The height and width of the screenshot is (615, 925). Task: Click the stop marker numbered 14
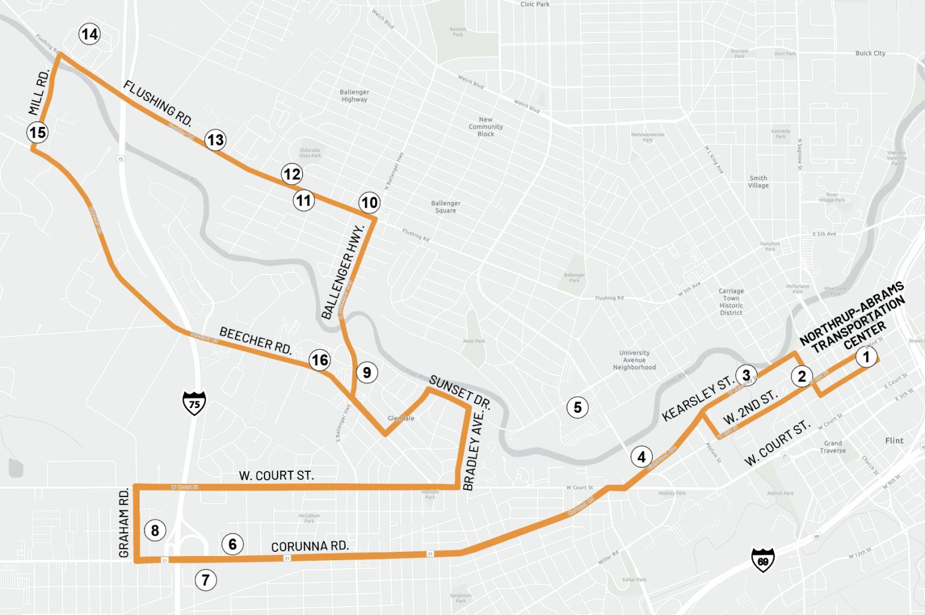(x=90, y=34)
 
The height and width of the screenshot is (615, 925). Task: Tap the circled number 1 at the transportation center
(x=866, y=357)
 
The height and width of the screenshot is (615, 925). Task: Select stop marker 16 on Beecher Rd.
(x=319, y=360)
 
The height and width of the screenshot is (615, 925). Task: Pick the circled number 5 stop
(x=578, y=407)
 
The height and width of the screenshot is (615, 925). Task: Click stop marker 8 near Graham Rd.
(x=155, y=530)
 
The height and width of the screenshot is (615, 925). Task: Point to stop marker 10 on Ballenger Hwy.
(x=369, y=202)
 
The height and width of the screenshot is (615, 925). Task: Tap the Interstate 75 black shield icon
(x=194, y=403)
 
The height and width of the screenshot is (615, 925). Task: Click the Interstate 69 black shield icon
(x=763, y=560)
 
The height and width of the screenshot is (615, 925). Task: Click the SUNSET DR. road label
(x=459, y=392)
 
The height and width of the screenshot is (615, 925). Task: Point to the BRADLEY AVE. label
(x=473, y=450)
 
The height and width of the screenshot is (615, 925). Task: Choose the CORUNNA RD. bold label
(x=310, y=546)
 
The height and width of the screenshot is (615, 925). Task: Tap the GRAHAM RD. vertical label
(x=124, y=523)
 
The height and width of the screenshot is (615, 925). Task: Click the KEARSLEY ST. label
(x=697, y=399)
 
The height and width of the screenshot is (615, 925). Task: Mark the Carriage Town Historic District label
(x=731, y=301)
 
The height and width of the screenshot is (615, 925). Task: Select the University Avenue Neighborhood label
(x=634, y=360)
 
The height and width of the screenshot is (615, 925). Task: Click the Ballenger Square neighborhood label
(x=446, y=207)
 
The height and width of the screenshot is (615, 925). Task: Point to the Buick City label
(x=870, y=53)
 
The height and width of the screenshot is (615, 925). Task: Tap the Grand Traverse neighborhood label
(x=833, y=447)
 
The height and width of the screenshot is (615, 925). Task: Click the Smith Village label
(x=758, y=182)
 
